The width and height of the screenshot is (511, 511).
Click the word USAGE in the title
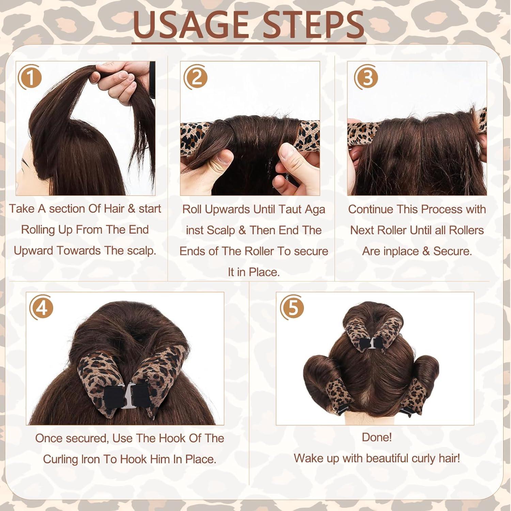[191, 25]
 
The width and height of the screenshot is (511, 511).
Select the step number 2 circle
[195, 78]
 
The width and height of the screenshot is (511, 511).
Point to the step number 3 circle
[366, 78]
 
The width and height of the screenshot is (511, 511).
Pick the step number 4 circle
[41, 309]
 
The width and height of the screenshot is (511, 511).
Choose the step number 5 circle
[292, 309]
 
